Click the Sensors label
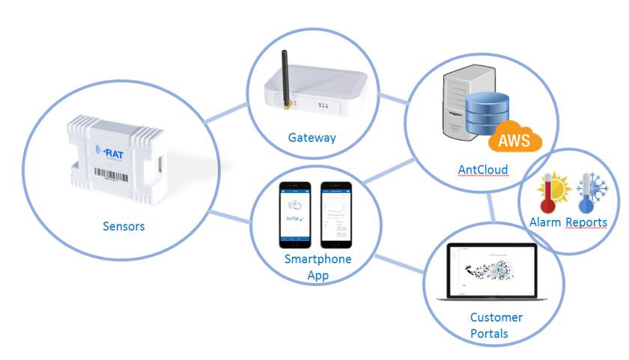coord(123,225)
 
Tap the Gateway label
coord(312,138)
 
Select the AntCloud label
coord(483,171)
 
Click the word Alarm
coord(544,222)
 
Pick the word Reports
coord(586,222)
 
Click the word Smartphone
coord(317,259)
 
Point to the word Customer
coord(496,317)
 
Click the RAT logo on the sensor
coord(112,153)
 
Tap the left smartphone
coord(294,214)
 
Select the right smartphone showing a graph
coord(335,214)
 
